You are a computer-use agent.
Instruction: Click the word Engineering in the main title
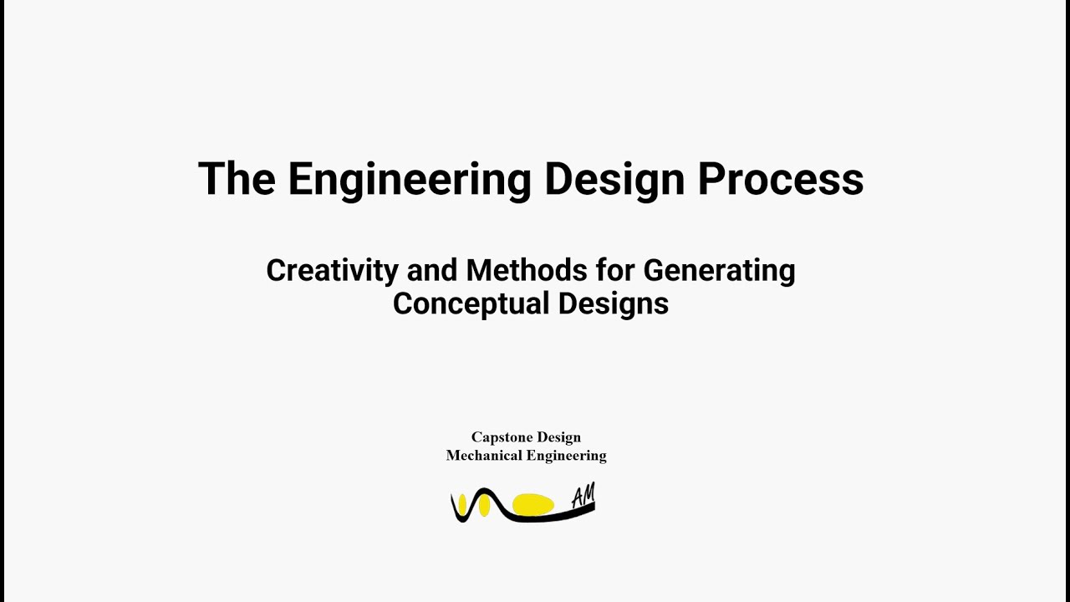(x=409, y=179)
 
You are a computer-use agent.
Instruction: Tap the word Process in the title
(x=780, y=179)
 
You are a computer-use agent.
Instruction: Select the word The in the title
(x=237, y=179)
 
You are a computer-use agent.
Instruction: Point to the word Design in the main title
(x=614, y=179)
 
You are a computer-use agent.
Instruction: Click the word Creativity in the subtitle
(x=332, y=271)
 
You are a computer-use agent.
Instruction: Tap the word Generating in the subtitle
(x=719, y=271)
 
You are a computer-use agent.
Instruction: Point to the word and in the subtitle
(x=431, y=271)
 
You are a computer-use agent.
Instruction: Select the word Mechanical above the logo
(x=482, y=456)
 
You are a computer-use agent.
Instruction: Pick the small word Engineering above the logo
(x=565, y=456)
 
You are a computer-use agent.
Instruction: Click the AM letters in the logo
(x=583, y=496)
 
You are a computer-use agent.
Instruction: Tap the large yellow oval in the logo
(x=532, y=504)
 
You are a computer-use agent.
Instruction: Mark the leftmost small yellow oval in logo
(x=462, y=503)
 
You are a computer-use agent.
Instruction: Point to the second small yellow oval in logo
(x=484, y=505)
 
